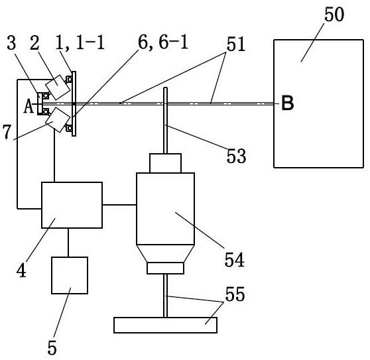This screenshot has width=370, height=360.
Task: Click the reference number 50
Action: click(334, 15)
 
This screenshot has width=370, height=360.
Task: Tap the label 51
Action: click(236, 44)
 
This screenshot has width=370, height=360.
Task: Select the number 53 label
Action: click(236, 156)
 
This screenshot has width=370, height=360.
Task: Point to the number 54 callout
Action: click(234, 259)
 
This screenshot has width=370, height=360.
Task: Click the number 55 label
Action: click(235, 294)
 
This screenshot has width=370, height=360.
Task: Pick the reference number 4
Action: click(21, 270)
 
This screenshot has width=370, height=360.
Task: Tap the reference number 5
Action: click(52, 347)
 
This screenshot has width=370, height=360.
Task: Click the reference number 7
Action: click(7, 132)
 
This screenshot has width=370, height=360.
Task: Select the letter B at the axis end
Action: click(288, 103)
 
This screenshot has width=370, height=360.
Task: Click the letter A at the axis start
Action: click(29, 106)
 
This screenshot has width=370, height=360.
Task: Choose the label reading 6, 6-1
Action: click(163, 42)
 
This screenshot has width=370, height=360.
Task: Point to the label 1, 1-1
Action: click(80, 42)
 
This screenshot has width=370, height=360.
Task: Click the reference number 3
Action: click(11, 42)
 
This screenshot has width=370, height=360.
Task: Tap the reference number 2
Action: click(34, 42)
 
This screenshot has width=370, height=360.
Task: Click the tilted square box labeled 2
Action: click(58, 87)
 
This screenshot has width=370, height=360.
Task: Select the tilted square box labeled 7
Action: click(58, 120)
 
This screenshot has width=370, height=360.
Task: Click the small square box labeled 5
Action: click(70, 275)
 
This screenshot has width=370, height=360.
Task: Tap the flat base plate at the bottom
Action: click(165, 325)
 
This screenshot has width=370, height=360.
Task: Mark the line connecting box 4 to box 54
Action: click(119, 205)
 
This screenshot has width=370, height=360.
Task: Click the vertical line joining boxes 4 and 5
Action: click(68, 243)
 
